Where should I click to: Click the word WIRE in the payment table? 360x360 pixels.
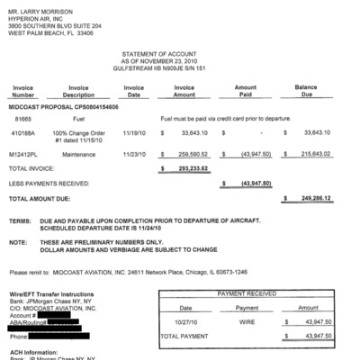246,320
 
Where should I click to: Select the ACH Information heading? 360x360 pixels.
35,352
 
